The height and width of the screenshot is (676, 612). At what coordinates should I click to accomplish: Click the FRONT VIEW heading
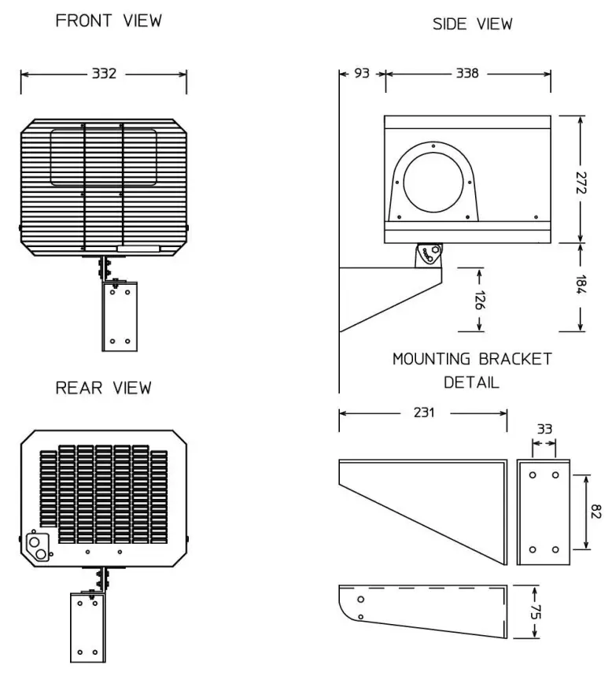click(x=109, y=21)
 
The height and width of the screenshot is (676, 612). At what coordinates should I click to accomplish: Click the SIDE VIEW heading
click(x=472, y=24)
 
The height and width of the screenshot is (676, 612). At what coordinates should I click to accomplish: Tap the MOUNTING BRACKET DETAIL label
click(x=472, y=371)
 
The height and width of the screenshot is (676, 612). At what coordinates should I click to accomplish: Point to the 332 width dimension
click(x=105, y=74)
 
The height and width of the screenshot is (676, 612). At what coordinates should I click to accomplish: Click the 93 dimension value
click(x=363, y=74)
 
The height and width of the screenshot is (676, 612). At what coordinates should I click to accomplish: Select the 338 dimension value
click(x=470, y=74)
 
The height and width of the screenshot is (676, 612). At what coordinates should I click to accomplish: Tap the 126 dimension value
click(x=479, y=301)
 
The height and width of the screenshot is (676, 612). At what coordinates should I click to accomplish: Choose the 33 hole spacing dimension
click(x=544, y=430)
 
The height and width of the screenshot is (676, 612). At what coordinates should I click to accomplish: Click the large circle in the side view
click(x=435, y=183)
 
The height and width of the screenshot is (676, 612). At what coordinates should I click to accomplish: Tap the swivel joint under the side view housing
click(x=430, y=255)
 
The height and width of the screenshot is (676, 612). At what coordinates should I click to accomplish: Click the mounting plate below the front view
click(x=120, y=316)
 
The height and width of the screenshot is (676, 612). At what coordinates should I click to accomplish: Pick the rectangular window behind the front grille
click(x=103, y=158)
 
